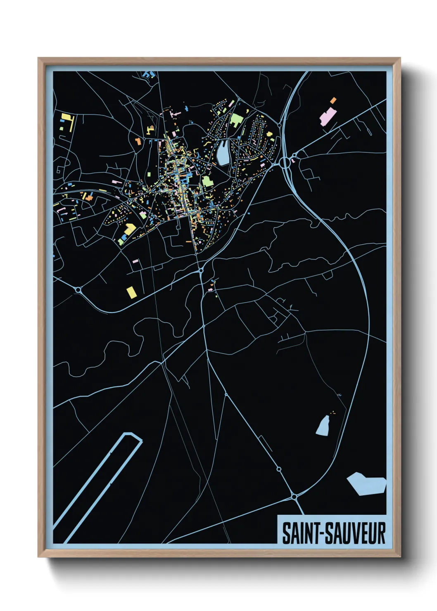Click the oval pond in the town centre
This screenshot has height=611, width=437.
223,152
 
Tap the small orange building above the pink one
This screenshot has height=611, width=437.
333,100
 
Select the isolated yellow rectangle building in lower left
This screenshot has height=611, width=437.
131,292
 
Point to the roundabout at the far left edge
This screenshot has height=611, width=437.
78,290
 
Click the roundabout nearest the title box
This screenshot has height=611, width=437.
294,497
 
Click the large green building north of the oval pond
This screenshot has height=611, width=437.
236,120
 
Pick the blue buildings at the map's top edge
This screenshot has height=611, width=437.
148,75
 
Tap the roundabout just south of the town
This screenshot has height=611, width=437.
201,270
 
